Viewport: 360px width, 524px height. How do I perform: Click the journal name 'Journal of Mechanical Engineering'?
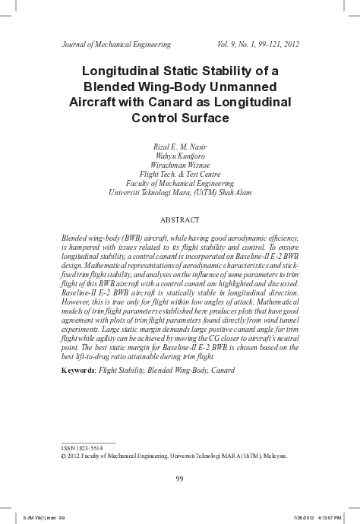(x=115, y=44)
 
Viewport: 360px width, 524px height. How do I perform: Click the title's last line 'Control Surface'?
(x=179, y=118)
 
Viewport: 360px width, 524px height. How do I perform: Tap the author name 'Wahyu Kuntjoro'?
(x=180, y=156)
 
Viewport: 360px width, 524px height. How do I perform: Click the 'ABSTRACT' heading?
(x=180, y=220)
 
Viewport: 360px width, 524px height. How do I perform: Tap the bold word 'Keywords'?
(x=78, y=371)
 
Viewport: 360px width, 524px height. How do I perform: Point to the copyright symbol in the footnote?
(x=63, y=456)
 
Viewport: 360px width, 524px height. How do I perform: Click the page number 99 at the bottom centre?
(x=180, y=478)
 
